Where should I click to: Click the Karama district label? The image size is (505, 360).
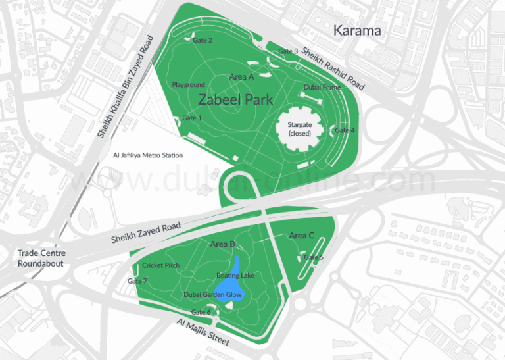pos(357,30)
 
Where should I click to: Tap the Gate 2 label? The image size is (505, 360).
pos(202,40)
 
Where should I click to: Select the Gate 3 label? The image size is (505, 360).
pos(288,51)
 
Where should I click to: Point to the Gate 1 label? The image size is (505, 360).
pos(191,118)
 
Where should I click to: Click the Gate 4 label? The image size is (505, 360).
pos(345,130)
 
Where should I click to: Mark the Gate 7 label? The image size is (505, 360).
pos(137,281)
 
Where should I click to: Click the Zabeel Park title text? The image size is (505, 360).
pos(235,99)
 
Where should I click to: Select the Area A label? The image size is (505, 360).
pos(241,77)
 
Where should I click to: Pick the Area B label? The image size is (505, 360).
pos(222,244)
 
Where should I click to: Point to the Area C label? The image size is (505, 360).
pos(302,235)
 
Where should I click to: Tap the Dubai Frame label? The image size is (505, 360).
pos(322,87)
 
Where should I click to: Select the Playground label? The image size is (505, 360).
pos(189,85)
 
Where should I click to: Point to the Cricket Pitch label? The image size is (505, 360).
pos(161,265)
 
